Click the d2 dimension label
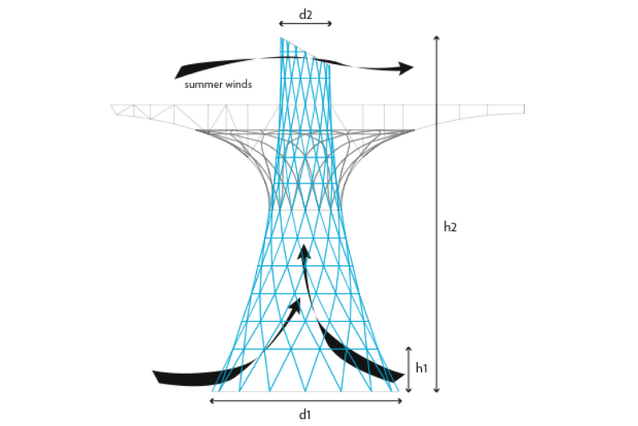(305, 14)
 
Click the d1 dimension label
(304, 413)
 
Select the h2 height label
(450, 227)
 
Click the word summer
(204, 84)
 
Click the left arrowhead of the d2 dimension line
(281, 24)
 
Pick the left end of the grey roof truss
(114, 108)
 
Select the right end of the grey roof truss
(523, 108)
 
